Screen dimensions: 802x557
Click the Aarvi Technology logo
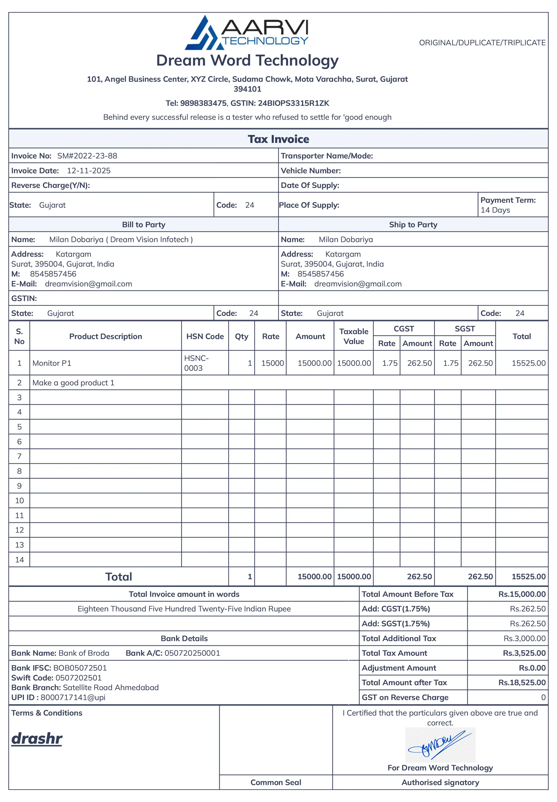tap(247, 33)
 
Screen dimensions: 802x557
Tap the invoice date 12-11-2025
tap(89, 171)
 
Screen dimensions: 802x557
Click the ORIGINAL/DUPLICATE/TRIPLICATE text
tap(482, 43)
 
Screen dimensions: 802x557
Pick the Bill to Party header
tap(143, 225)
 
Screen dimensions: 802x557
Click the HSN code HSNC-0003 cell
tap(197, 363)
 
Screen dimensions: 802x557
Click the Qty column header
tap(242, 336)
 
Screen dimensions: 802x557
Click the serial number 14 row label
tap(19, 560)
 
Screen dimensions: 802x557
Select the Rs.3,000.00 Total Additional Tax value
tap(524, 638)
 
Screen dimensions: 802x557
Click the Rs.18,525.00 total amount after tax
tap(522, 683)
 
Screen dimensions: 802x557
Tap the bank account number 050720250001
tap(192, 653)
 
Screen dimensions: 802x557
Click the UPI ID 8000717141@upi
tap(73, 697)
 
